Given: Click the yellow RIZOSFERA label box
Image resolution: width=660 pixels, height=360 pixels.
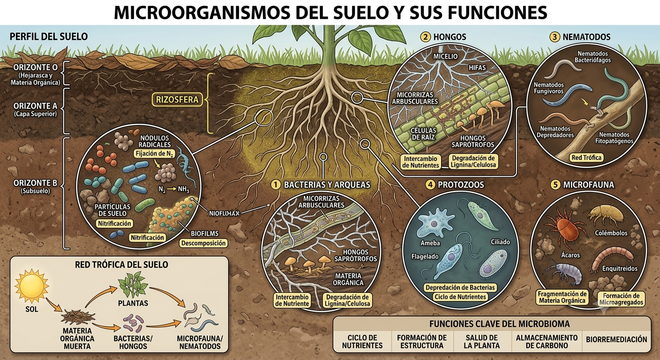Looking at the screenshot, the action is tap(177, 99).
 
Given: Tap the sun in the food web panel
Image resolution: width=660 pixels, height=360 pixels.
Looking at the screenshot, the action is tap(31, 286).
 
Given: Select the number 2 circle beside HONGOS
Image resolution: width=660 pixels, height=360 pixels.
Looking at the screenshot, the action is tap(426, 37).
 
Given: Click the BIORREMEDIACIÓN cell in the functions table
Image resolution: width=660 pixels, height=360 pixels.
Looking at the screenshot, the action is tap(616, 339).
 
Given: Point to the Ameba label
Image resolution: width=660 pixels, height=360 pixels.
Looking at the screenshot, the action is tap(430, 243).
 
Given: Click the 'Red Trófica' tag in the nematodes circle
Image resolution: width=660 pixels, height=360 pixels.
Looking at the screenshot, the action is tap(586, 157).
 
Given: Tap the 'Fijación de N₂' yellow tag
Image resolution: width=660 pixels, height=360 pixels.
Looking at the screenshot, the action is tap(154, 153).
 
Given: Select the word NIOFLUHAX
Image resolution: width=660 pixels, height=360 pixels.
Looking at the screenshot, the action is tap(224, 213).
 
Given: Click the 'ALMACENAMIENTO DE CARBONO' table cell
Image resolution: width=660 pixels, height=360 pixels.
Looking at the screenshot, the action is tap(547, 341).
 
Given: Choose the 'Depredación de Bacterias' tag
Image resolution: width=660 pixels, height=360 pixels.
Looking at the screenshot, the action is tap(460, 287).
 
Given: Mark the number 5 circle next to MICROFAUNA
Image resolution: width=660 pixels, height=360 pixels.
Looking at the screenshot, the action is tap(555, 185).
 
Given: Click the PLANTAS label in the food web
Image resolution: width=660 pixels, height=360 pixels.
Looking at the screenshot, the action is tap(133, 303).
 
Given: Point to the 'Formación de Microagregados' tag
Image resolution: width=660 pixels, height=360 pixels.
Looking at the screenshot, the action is tap(621, 299).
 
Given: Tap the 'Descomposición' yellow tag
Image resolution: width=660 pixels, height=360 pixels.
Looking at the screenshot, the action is tap(203, 243).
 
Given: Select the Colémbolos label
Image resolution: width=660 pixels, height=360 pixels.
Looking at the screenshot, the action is tap(611, 232).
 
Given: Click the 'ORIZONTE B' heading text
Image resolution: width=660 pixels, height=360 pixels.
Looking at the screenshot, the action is tap(35, 183).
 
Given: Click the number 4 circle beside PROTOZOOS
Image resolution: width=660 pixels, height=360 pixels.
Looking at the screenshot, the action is tap(430, 185).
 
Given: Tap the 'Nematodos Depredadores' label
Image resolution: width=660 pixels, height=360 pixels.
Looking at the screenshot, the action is tap(555, 132).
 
